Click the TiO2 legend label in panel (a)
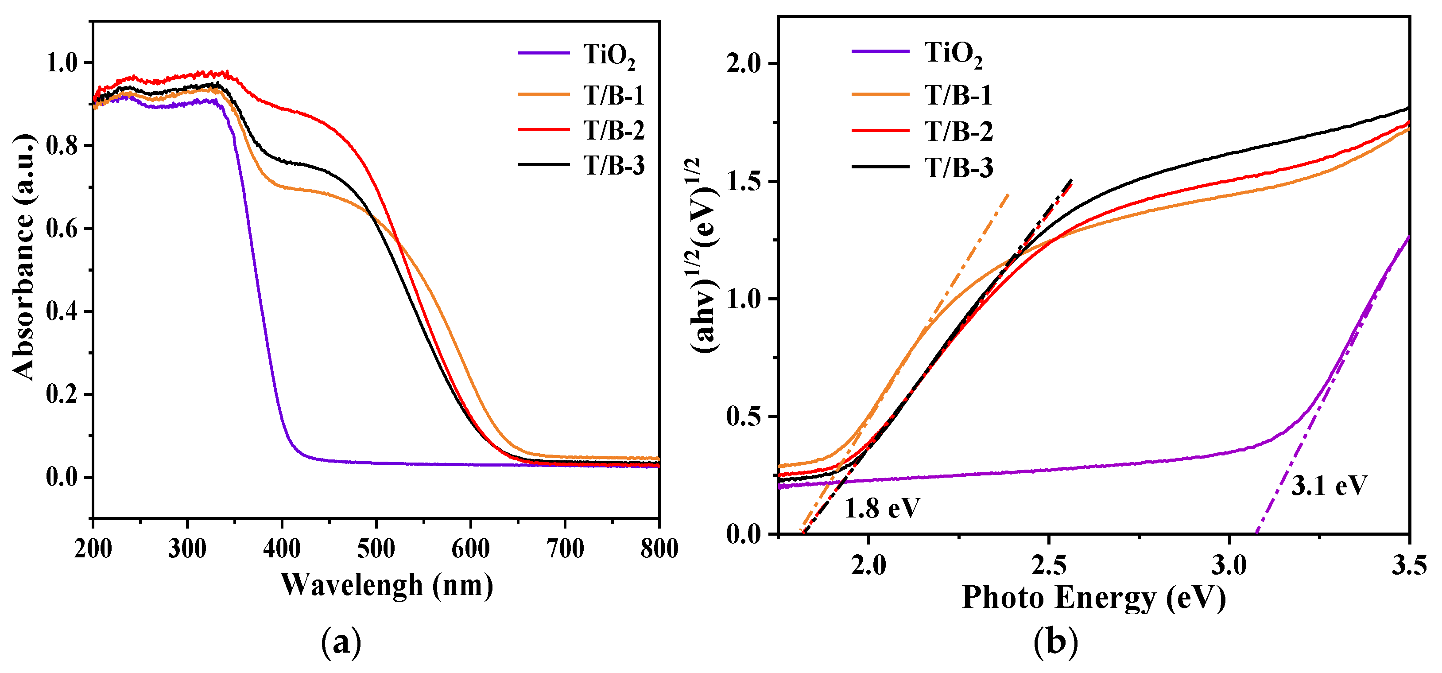click(x=609, y=56)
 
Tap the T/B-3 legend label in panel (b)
click(x=958, y=168)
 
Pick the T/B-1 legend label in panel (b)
click(x=958, y=95)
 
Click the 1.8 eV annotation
click(x=882, y=508)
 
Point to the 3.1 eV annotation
click(x=1329, y=486)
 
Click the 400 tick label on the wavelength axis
click(x=282, y=549)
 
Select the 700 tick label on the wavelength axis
click(x=565, y=549)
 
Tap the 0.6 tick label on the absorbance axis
click(x=61, y=229)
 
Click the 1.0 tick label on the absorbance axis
click(x=61, y=63)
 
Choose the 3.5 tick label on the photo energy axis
click(x=1409, y=565)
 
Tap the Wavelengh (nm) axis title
click(x=387, y=586)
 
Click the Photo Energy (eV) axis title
click(x=1093, y=598)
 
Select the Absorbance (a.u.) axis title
click(x=23, y=257)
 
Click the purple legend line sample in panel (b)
click(x=880, y=51)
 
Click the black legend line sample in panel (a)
click(x=543, y=165)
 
